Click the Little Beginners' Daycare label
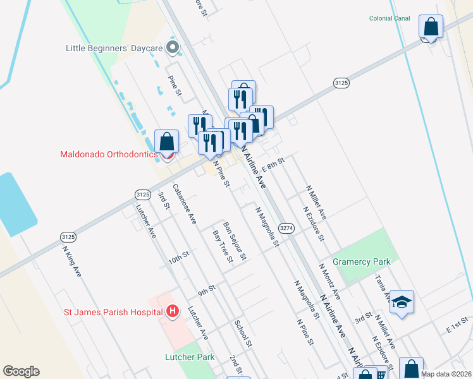(x=114, y=48)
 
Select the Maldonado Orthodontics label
(x=108, y=154)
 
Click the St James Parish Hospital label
(x=113, y=311)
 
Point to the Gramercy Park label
(x=363, y=261)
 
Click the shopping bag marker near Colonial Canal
(x=431, y=27)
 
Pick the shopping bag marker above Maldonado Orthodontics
(x=166, y=142)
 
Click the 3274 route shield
(x=286, y=228)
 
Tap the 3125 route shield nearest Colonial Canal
(x=341, y=83)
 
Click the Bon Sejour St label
(x=233, y=239)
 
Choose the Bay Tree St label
(x=223, y=246)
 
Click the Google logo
(x=21, y=371)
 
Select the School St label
(x=243, y=334)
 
